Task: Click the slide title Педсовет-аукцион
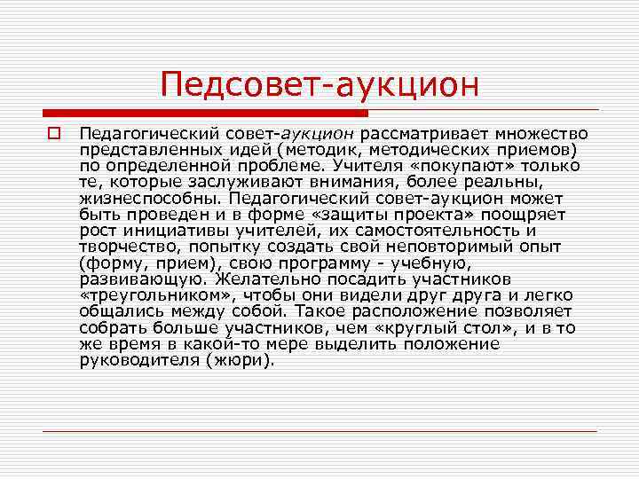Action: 319,86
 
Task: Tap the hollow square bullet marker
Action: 53,133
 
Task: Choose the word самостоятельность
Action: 439,231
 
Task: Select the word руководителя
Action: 130,361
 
